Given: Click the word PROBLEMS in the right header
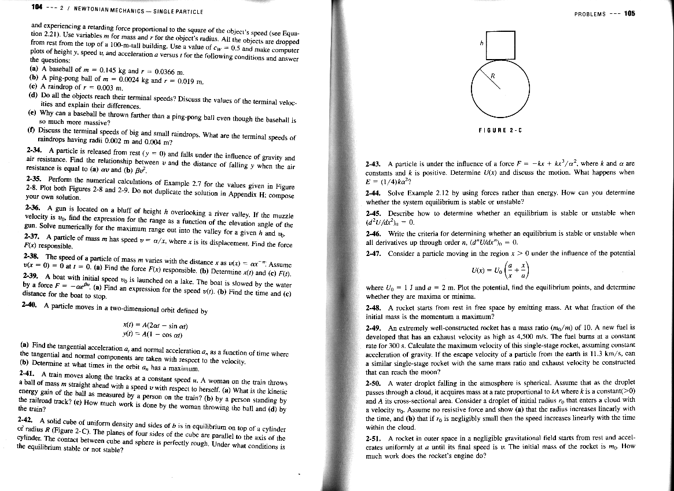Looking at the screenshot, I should pos(590,14).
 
